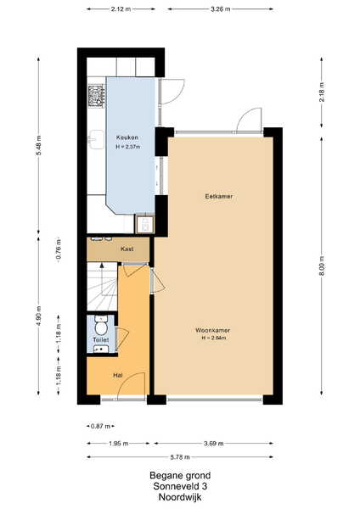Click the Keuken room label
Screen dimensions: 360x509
pyautogui.click(x=127, y=137)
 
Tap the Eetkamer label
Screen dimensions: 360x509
pyautogui.click(x=219, y=197)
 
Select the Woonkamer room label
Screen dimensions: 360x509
pyautogui.click(x=212, y=330)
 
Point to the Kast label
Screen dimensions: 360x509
pyautogui.click(x=127, y=249)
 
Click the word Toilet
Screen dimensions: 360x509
pyautogui.click(x=101, y=340)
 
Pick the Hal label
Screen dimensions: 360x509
pyautogui.click(x=118, y=375)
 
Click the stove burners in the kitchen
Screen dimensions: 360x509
pyautogui.click(x=97, y=96)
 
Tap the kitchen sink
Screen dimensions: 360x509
pyautogui.click(x=96, y=140)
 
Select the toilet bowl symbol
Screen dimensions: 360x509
pyautogui.click(x=101, y=327)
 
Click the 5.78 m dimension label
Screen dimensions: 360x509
pyautogui.click(x=180, y=457)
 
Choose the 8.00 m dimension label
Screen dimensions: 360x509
pyautogui.click(x=321, y=266)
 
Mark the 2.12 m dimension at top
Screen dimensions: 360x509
pyautogui.click(x=121, y=9)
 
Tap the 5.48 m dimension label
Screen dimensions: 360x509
pyautogui.click(x=38, y=145)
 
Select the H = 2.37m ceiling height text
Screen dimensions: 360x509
pyautogui.click(x=128, y=147)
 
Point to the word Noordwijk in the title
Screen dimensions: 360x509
pyautogui.click(x=180, y=497)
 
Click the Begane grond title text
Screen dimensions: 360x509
pyautogui.click(x=180, y=476)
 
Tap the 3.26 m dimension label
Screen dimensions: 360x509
pyautogui.click(x=220, y=9)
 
